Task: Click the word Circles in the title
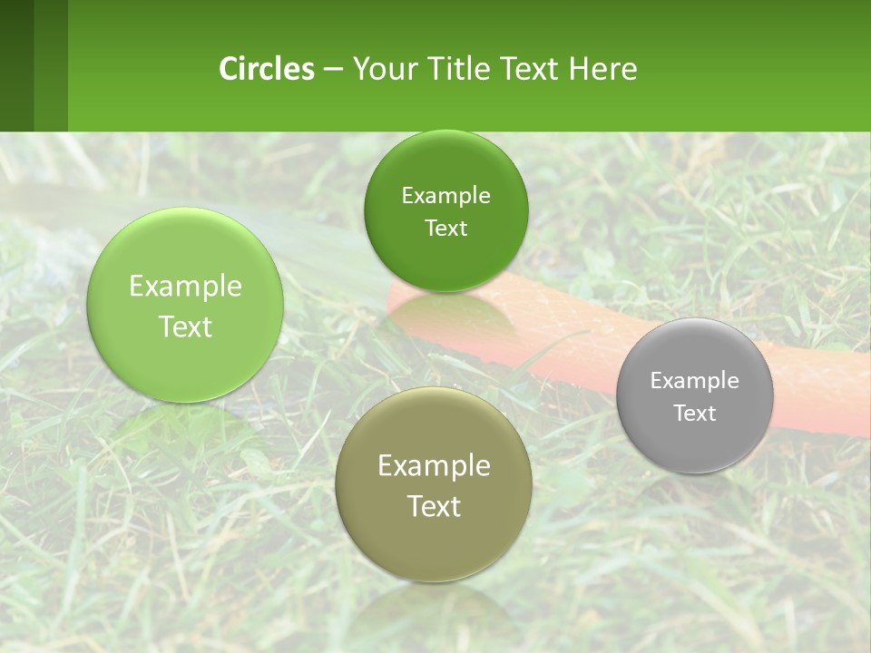(267, 69)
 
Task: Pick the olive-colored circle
(434, 544)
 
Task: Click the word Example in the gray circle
(695, 380)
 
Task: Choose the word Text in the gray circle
(695, 414)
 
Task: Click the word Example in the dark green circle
(445, 195)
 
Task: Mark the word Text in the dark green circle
(445, 229)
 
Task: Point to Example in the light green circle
(185, 287)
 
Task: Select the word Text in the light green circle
(185, 326)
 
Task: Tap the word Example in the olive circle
(434, 466)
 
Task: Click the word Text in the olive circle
(434, 506)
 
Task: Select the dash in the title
(333, 69)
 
